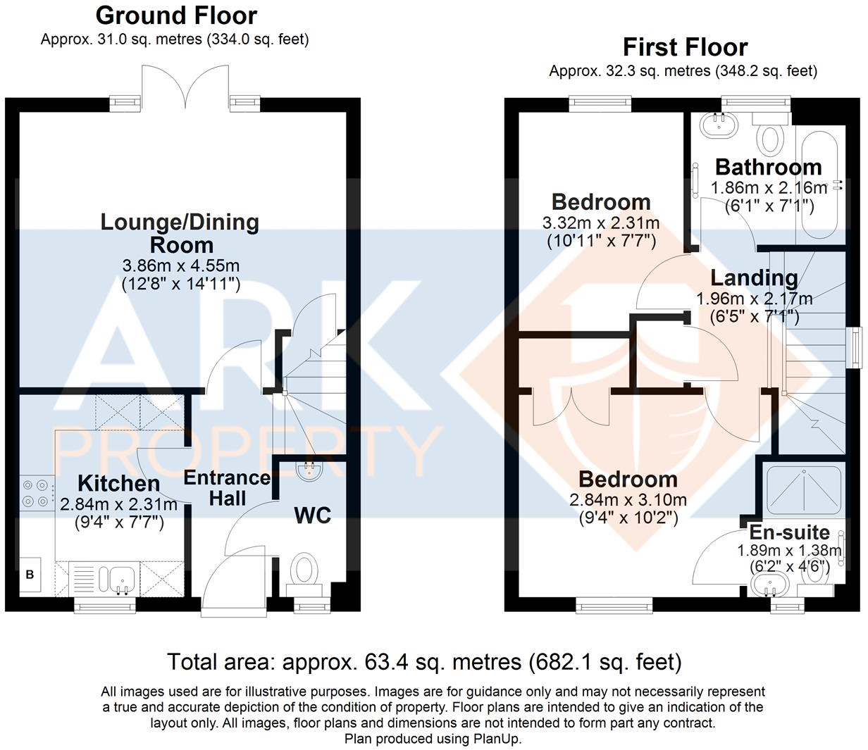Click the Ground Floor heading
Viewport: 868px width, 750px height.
point(176,15)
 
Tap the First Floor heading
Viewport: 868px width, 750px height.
point(685,47)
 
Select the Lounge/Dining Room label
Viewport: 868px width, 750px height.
point(180,233)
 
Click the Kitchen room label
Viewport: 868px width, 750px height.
point(118,484)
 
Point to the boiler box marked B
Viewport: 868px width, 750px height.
point(30,575)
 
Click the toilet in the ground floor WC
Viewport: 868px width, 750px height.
point(305,569)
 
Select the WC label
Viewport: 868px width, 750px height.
point(312,515)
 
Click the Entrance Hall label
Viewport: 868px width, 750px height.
point(227,488)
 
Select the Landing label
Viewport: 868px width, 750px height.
point(754,278)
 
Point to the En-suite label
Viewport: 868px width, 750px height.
point(789,532)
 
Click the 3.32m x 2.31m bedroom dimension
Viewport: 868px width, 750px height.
point(601,224)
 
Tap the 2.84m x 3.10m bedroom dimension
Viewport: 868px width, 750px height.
point(628,501)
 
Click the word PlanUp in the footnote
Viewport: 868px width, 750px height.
point(496,739)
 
